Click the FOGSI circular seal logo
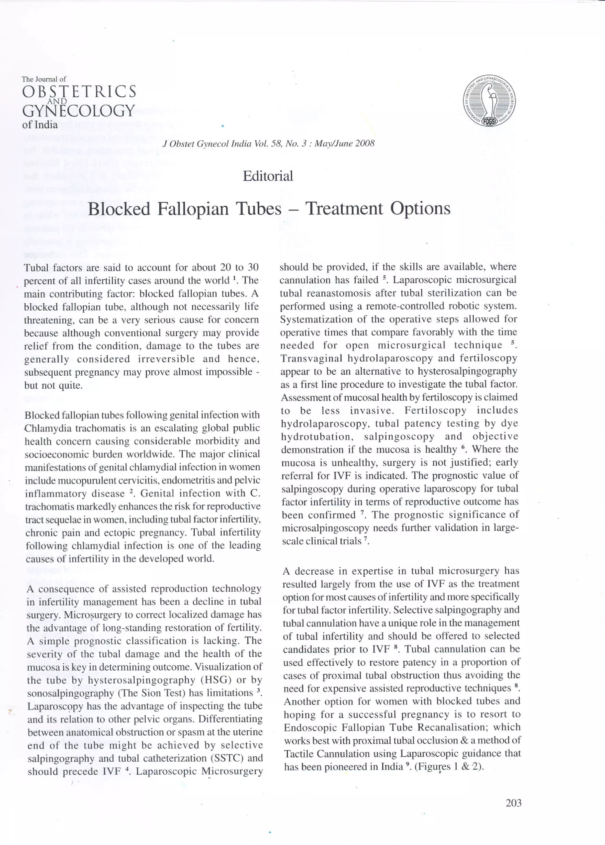tap(489, 100)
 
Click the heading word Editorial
tap(268, 176)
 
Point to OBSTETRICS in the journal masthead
tap(79, 92)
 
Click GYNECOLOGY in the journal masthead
tap(78, 111)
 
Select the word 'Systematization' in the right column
tap(310, 319)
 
